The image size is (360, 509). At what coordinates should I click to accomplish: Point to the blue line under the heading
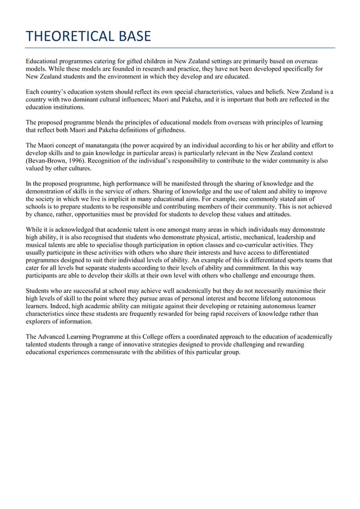pos(181,48)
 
